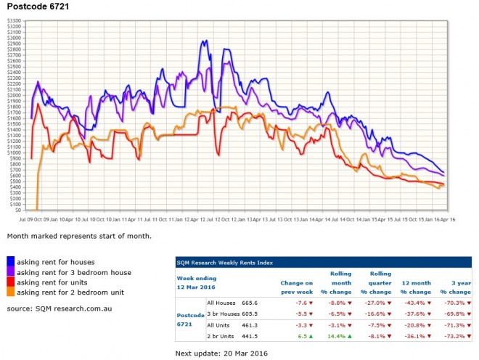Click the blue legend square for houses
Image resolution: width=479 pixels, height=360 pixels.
click(12, 261)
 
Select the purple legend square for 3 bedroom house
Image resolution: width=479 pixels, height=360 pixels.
click(12, 271)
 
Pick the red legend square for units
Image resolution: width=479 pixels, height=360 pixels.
click(12, 282)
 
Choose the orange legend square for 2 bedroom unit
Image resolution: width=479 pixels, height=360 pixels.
click(12, 292)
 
